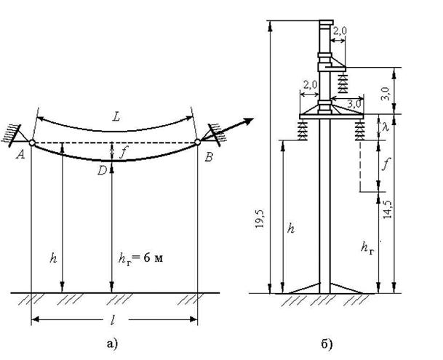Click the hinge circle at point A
click(32, 143)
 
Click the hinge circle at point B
click(197, 142)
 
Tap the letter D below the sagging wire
click(102, 170)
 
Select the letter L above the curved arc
click(116, 116)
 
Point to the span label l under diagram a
click(113, 320)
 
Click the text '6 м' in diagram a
click(153, 258)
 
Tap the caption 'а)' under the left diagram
click(112, 343)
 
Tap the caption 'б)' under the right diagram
click(327, 344)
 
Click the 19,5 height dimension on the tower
click(260, 219)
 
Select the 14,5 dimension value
click(387, 209)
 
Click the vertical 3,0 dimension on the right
click(386, 94)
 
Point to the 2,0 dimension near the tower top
click(340, 31)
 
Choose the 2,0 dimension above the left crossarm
click(310, 84)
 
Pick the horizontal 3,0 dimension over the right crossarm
click(354, 104)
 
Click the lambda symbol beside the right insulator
click(386, 127)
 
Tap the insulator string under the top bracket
click(343, 82)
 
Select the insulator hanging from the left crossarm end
click(303, 130)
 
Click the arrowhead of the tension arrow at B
click(248, 121)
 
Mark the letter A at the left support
click(20, 155)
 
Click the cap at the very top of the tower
click(327, 23)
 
